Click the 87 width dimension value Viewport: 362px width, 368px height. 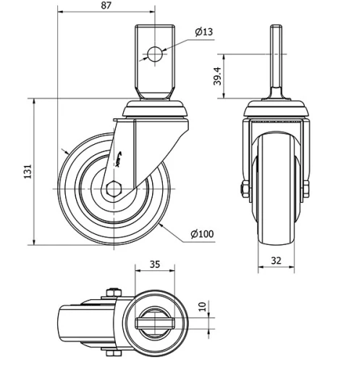pos(106,6)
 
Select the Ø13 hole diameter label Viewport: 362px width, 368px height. pos(203,31)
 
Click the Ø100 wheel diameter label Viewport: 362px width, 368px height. pos(202,233)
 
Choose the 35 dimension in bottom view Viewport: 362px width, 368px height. pos(154,264)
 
